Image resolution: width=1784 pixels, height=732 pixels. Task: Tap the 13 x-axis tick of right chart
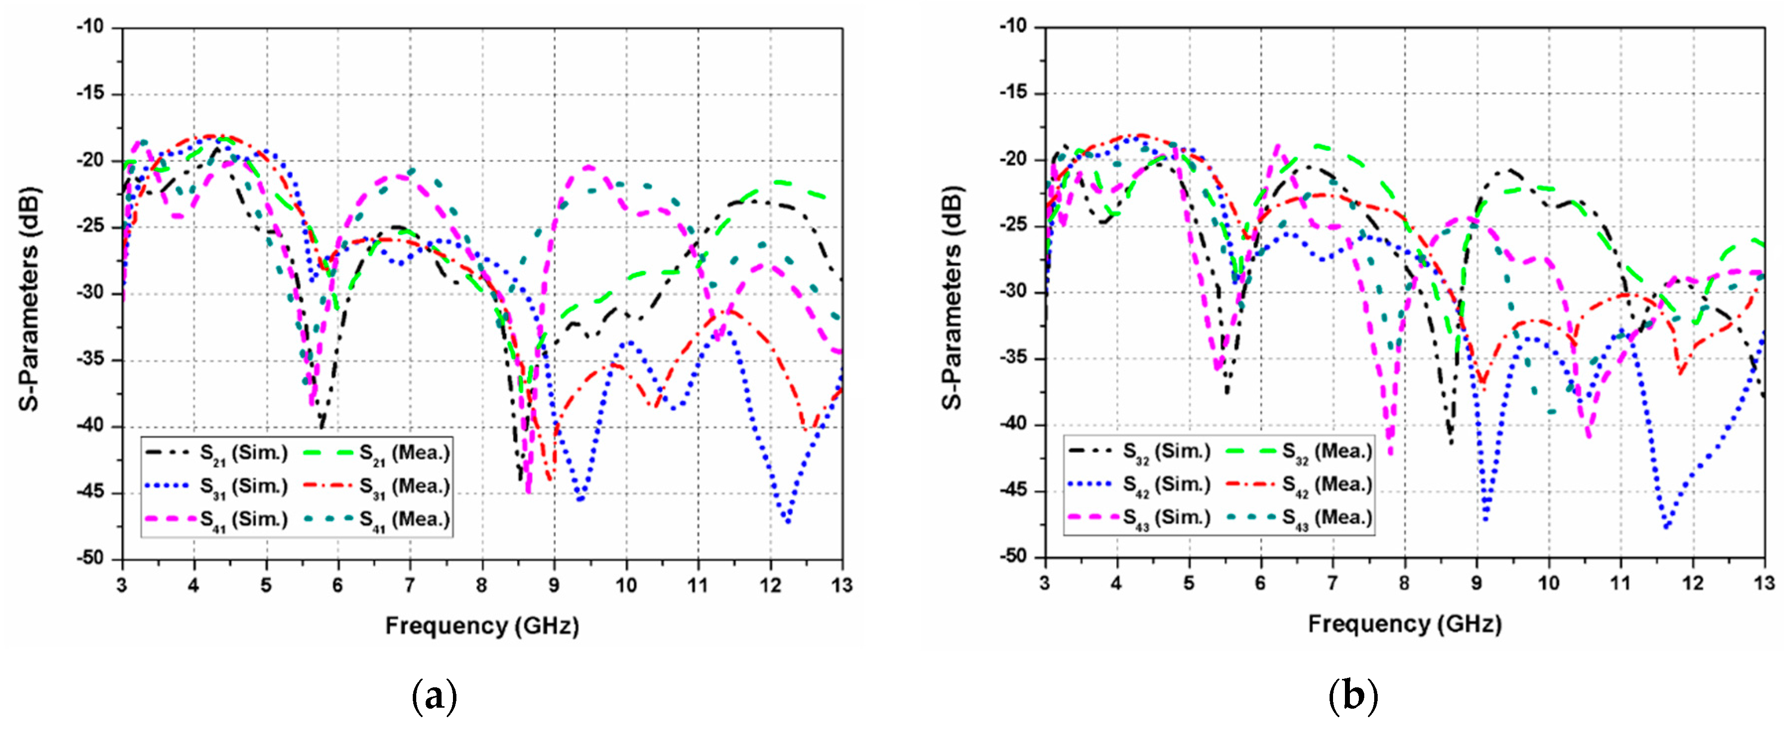pos(1764,584)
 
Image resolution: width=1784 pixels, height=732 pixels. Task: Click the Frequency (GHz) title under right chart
pos(1404,625)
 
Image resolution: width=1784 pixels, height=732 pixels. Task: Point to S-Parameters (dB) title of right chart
pos(953,298)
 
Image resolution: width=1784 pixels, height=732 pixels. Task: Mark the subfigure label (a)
pos(434,696)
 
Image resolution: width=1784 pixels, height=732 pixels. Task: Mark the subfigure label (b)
pos(1352,696)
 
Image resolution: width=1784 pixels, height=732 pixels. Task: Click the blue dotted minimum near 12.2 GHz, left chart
pos(787,521)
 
